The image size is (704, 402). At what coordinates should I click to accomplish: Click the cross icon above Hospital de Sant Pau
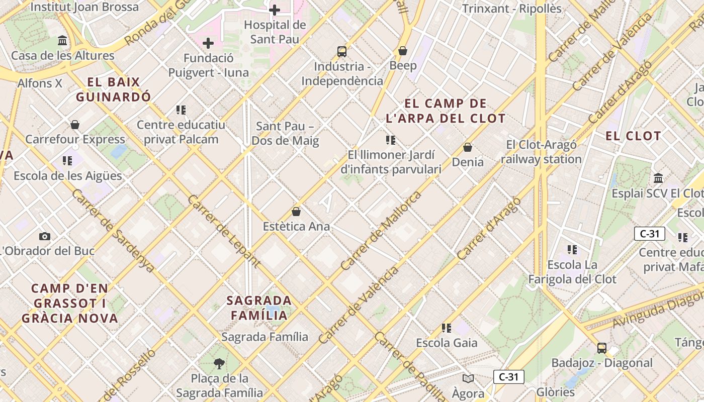coord(275,10)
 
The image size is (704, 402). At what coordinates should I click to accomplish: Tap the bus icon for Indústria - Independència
coord(342,51)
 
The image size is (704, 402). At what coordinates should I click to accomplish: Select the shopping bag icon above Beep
coord(402,51)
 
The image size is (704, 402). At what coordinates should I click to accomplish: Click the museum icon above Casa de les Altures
coord(62,40)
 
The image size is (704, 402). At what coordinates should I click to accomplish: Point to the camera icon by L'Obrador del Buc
coord(45,236)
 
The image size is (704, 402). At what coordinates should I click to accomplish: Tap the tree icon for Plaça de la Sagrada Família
coord(219,363)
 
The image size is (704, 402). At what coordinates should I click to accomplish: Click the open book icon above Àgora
coord(468,378)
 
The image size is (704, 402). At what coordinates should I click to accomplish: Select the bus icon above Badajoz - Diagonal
coord(601,348)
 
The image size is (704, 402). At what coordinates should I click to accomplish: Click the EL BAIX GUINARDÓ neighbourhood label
coord(113,89)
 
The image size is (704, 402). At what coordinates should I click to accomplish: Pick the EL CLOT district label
coord(633,136)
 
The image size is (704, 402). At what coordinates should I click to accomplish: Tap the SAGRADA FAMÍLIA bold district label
coord(259,308)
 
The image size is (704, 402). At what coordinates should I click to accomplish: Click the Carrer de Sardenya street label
coord(113,231)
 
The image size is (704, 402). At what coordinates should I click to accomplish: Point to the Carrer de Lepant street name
coord(224,231)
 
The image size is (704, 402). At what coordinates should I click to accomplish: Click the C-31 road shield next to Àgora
coord(508,377)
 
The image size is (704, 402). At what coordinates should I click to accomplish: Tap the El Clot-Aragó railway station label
coord(541,152)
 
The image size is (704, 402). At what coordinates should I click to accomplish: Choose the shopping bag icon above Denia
coord(468,147)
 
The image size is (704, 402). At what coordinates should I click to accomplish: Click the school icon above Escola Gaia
coord(447,328)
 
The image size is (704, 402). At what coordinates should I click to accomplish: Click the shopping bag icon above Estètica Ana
coord(296,212)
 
